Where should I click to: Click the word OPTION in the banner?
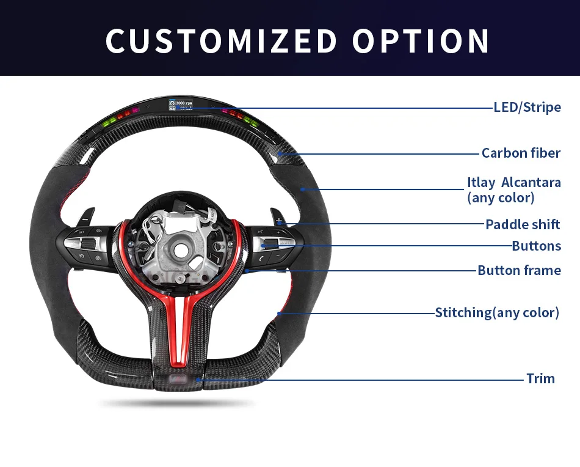tap(421, 40)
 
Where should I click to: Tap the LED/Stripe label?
tap(527, 108)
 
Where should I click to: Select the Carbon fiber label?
tap(521, 153)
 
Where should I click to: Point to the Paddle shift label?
tap(523, 224)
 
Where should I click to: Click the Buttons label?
tap(536, 246)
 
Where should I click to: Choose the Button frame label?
tap(519, 270)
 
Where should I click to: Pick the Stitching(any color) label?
tap(497, 313)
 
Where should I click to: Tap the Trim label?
tap(540, 378)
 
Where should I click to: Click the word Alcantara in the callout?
tap(531, 183)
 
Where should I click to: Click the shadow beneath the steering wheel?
tap(177, 403)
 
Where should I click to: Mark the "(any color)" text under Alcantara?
tap(501, 197)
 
